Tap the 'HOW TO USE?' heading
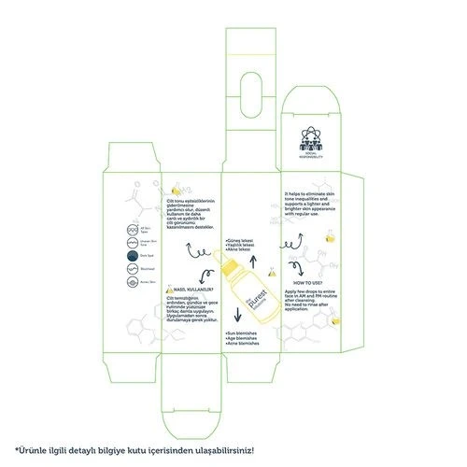coord(310,282)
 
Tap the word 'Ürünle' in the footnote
coord(35,451)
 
